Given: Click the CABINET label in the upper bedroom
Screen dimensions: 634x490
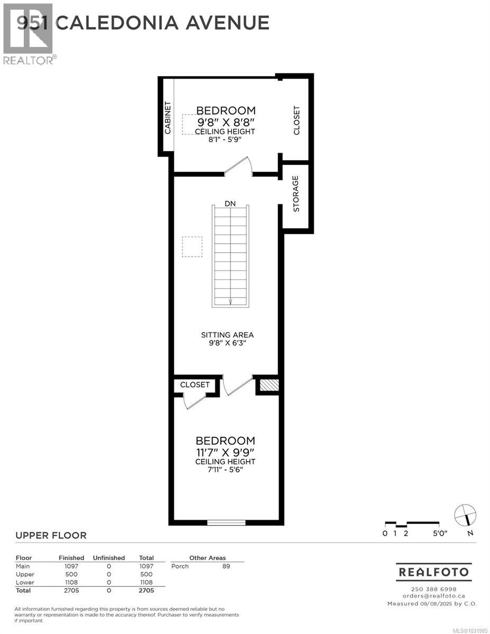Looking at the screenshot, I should (168, 117).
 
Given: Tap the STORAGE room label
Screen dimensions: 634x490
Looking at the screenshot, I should (296, 194).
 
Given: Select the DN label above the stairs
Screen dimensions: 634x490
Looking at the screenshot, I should (230, 203).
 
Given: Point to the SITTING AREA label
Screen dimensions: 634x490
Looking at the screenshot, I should (227, 335).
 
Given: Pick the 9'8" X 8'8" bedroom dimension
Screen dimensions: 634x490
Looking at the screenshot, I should (226, 122).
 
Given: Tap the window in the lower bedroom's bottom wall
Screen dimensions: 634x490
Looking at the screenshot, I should (226, 523).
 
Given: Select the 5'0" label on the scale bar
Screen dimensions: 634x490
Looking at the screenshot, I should (440, 534).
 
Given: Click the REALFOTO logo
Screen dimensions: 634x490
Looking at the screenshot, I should (433, 572).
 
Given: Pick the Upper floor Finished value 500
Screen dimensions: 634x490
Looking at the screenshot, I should (71, 574).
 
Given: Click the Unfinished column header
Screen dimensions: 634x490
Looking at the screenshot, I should (109, 558).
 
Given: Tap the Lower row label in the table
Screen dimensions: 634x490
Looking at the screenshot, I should (25, 582).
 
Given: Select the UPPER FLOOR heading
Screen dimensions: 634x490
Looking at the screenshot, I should (51, 536).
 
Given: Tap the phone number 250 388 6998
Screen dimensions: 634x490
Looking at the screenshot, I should (433, 589).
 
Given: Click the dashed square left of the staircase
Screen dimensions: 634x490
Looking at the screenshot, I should (192, 247).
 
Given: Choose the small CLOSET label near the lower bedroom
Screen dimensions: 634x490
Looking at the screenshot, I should (195, 385).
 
